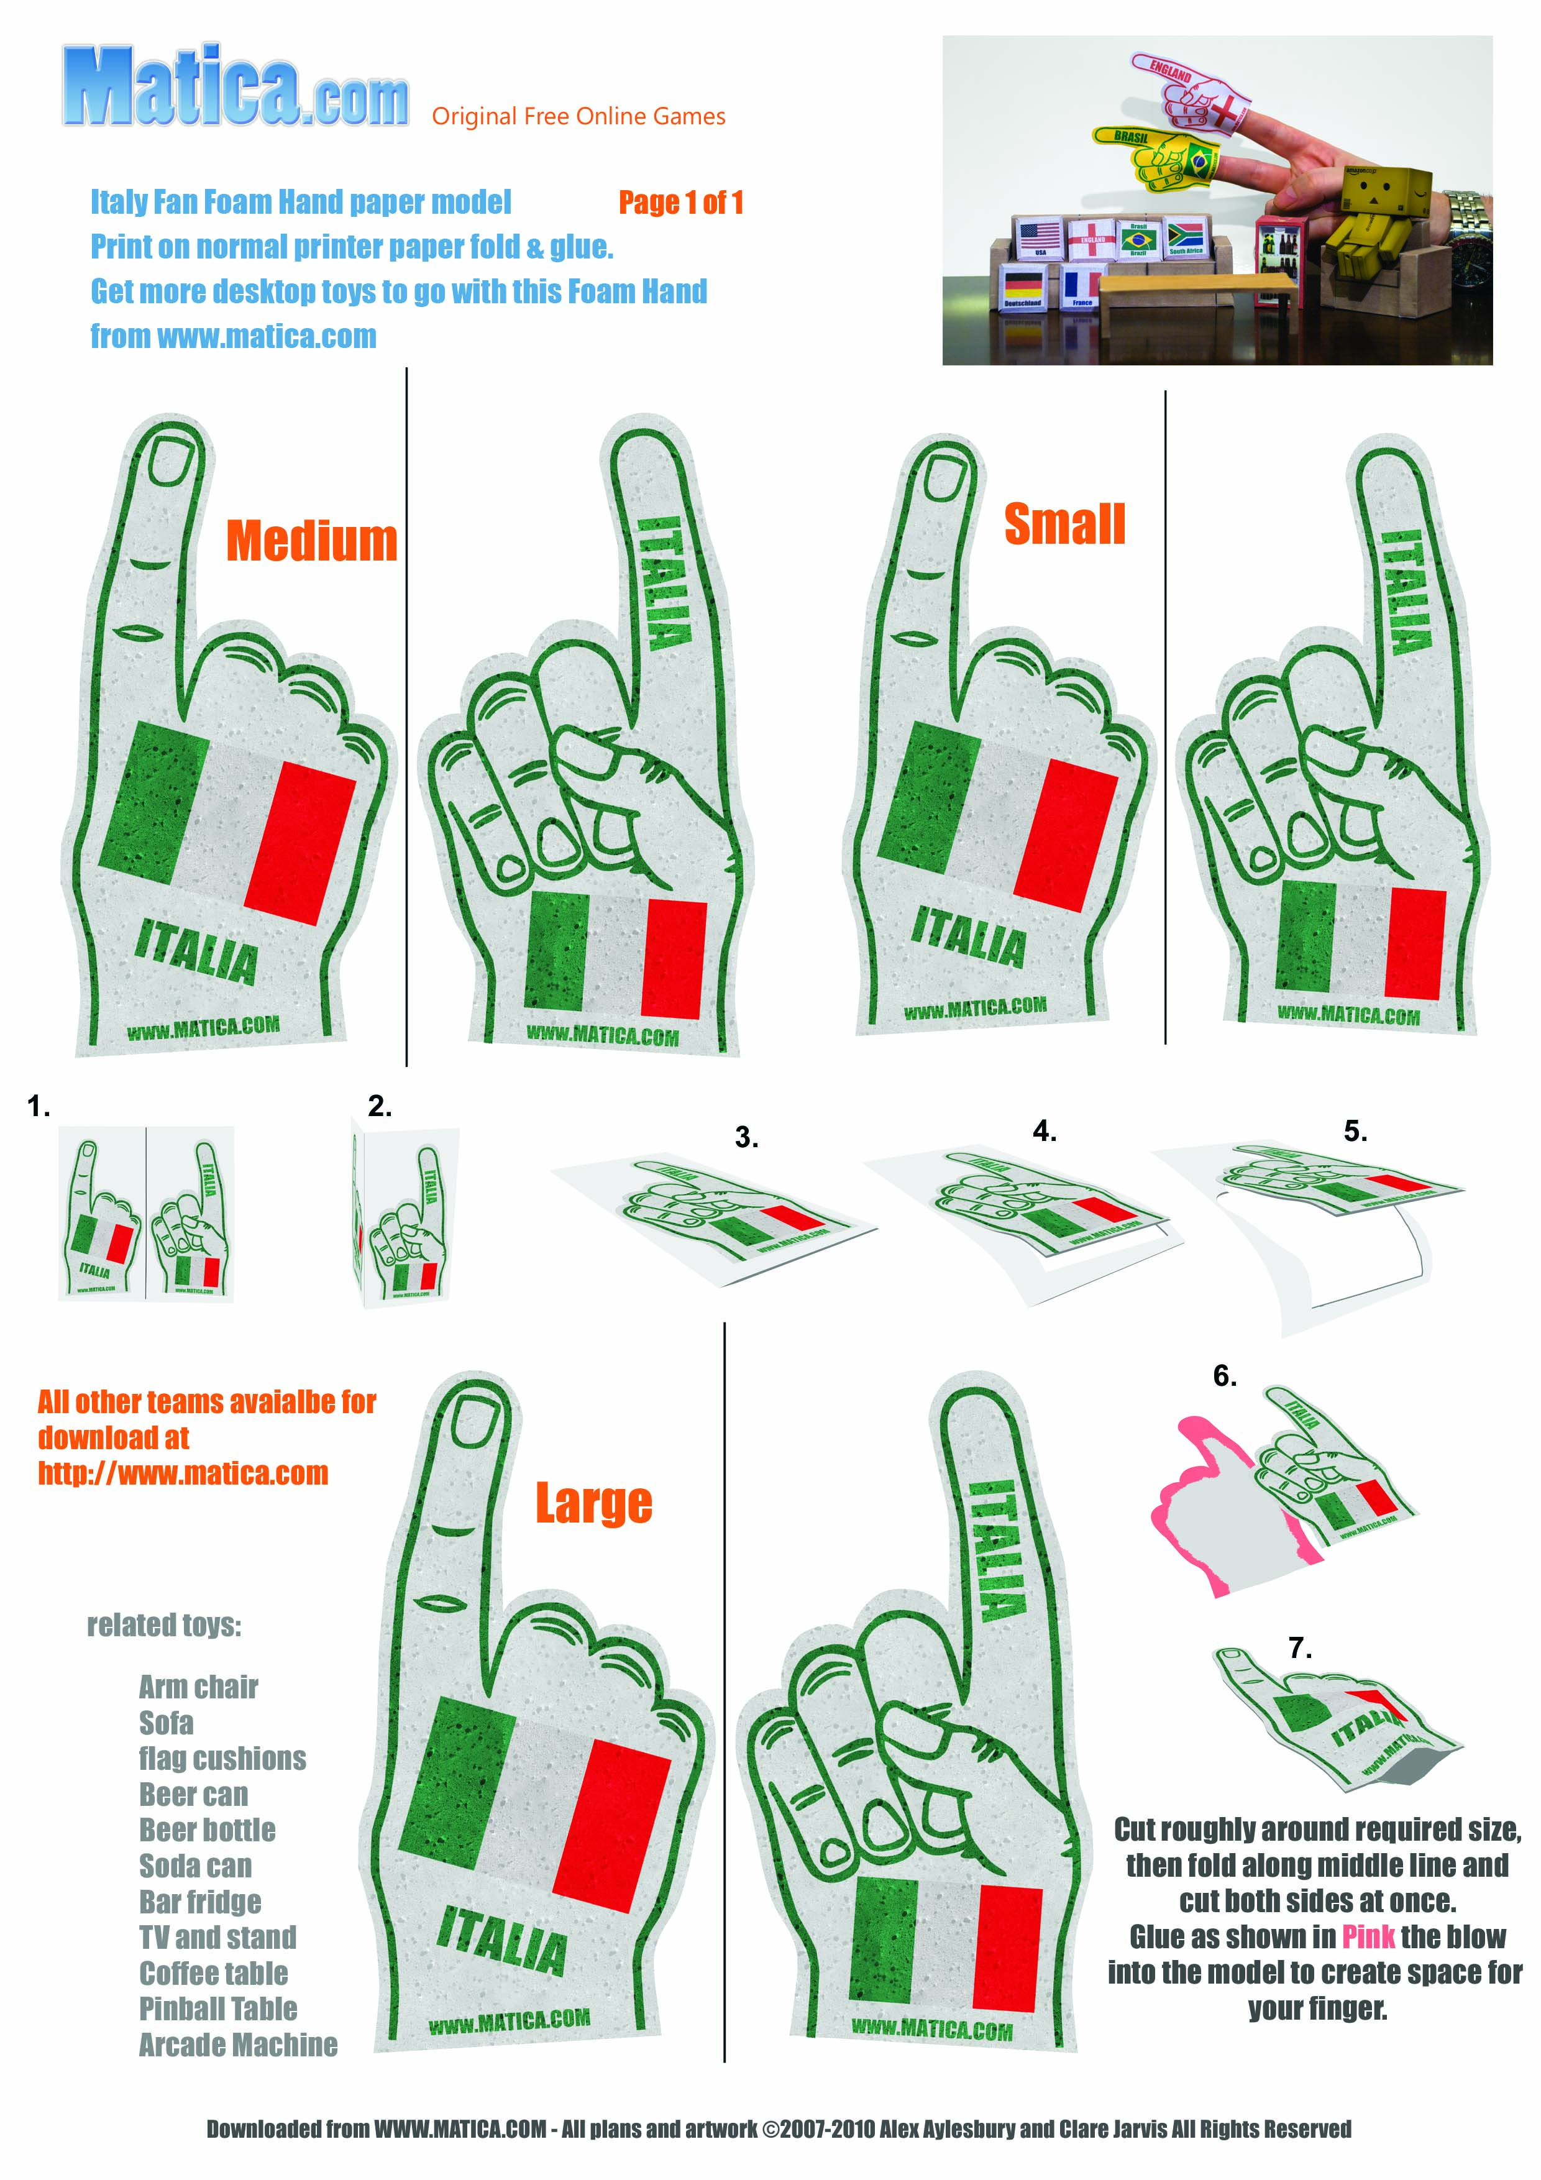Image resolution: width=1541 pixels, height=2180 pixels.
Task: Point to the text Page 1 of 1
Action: (x=681, y=202)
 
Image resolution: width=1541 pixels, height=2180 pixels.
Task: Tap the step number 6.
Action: (x=1225, y=1376)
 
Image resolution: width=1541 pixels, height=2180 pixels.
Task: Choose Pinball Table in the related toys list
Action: (x=218, y=2008)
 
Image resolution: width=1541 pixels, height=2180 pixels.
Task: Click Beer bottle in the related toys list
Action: (x=207, y=1830)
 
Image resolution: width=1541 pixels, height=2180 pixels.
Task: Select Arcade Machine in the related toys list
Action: (x=239, y=2045)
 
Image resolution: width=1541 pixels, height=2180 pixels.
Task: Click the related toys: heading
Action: (x=164, y=1624)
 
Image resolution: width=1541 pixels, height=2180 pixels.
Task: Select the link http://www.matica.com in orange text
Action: (x=183, y=1473)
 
